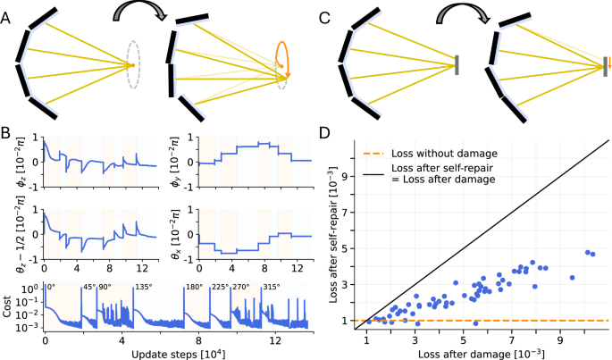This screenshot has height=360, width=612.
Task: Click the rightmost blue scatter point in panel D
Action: (x=592, y=255)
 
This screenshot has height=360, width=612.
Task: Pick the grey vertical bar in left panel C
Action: (x=457, y=64)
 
